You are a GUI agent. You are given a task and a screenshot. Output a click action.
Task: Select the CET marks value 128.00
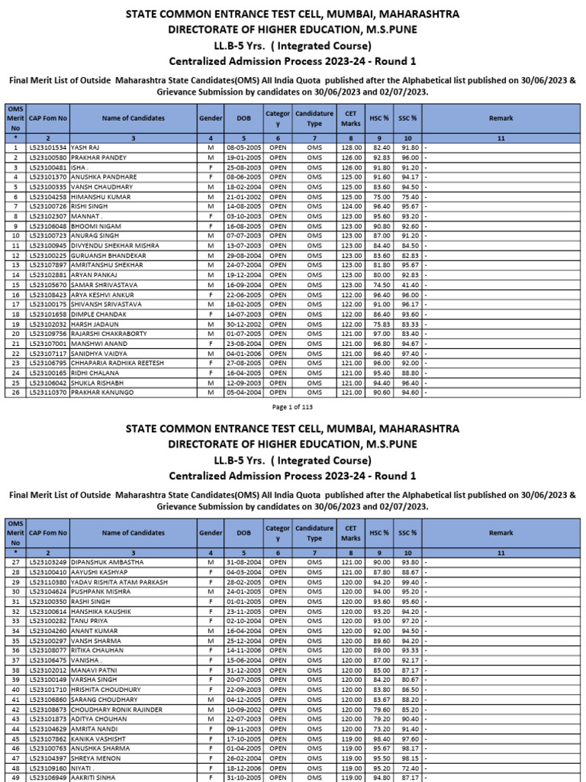(x=350, y=146)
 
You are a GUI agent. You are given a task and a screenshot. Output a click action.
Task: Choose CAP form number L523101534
(x=48, y=146)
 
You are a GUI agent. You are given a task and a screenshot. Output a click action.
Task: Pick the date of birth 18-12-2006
(x=244, y=767)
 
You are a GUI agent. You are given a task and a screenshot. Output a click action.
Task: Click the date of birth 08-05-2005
(x=244, y=146)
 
